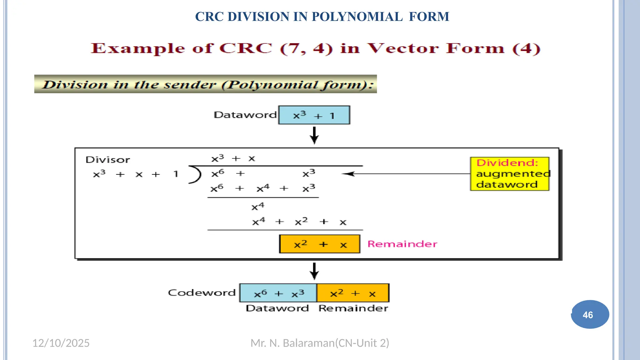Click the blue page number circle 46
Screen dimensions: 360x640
coord(590,314)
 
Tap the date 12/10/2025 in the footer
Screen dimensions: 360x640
coord(61,343)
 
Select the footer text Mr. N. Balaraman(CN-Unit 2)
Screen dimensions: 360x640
coord(320,343)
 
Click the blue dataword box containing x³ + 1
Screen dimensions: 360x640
coord(314,115)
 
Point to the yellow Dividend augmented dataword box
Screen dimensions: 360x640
coord(510,174)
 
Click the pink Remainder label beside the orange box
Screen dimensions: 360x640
coord(402,244)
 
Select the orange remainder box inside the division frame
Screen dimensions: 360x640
coord(319,244)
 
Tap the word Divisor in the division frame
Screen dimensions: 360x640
coord(107,160)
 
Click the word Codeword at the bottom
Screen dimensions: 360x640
coord(202,293)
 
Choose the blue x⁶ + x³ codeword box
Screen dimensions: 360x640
coord(278,293)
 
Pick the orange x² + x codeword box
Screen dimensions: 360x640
coord(353,293)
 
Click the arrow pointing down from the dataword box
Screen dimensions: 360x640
coord(314,135)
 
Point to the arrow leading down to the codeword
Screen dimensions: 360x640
coord(314,271)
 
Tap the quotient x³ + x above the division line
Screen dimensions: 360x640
coord(233,158)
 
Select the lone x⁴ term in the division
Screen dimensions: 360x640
coord(258,207)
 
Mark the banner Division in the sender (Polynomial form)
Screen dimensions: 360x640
coord(205,84)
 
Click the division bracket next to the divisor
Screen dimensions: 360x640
coord(196,174)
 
